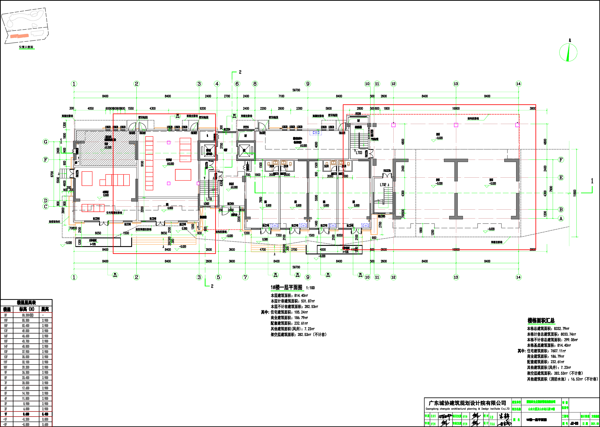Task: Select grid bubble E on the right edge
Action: click(x=561, y=177)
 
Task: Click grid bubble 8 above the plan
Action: click(x=255, y=84)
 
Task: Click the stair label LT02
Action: click(x=383, y=185)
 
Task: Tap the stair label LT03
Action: click(x=359, y=152)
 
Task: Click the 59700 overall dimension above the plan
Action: click(x=296, y=90)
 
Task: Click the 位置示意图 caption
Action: click(x=26, y=47)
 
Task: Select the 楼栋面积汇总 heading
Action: click(x=541, y=321)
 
